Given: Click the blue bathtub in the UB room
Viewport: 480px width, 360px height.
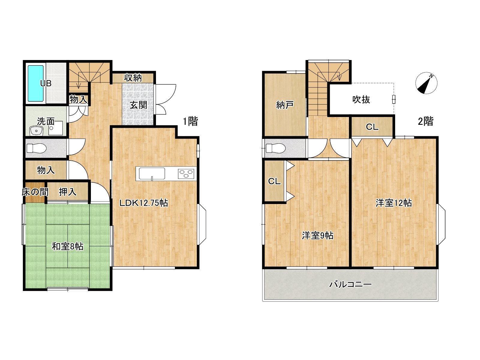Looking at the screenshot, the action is [36, 83].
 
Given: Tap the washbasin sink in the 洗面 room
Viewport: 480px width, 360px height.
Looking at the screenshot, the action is [36, 131].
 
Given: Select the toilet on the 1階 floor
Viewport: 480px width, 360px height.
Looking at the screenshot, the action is [37, 148].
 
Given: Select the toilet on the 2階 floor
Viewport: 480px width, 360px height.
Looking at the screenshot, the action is [276, 148].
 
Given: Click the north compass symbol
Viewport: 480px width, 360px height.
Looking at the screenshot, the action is [426, 83].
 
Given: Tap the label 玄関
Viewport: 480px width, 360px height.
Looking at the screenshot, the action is [138, 105].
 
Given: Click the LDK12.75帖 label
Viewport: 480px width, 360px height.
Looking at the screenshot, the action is [144, 203].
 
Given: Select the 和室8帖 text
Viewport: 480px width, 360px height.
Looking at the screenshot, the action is [67, 247].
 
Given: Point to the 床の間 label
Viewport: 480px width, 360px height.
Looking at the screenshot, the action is [35, 192].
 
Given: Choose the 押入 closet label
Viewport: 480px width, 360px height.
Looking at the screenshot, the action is [67, 192].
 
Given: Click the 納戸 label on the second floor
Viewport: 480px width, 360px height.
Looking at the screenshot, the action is [284, 105].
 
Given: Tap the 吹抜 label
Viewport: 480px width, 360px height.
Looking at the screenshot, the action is [361, 100].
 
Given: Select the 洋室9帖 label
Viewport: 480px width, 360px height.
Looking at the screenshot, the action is [318, 235].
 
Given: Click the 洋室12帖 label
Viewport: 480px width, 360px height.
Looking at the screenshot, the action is [394, 203].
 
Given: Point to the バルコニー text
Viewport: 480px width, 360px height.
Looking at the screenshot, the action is [350, 284].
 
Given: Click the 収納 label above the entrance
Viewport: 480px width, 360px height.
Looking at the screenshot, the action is [133, 78].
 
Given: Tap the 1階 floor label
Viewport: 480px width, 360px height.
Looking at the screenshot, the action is [190, 121].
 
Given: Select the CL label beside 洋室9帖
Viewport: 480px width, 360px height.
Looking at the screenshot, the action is [274, 181].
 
